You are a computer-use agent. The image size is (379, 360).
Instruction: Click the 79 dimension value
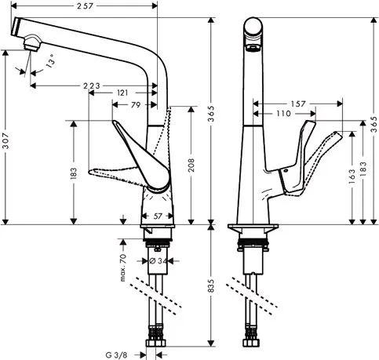coord(136,105)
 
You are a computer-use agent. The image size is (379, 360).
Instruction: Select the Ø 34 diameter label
coord(157,260)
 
